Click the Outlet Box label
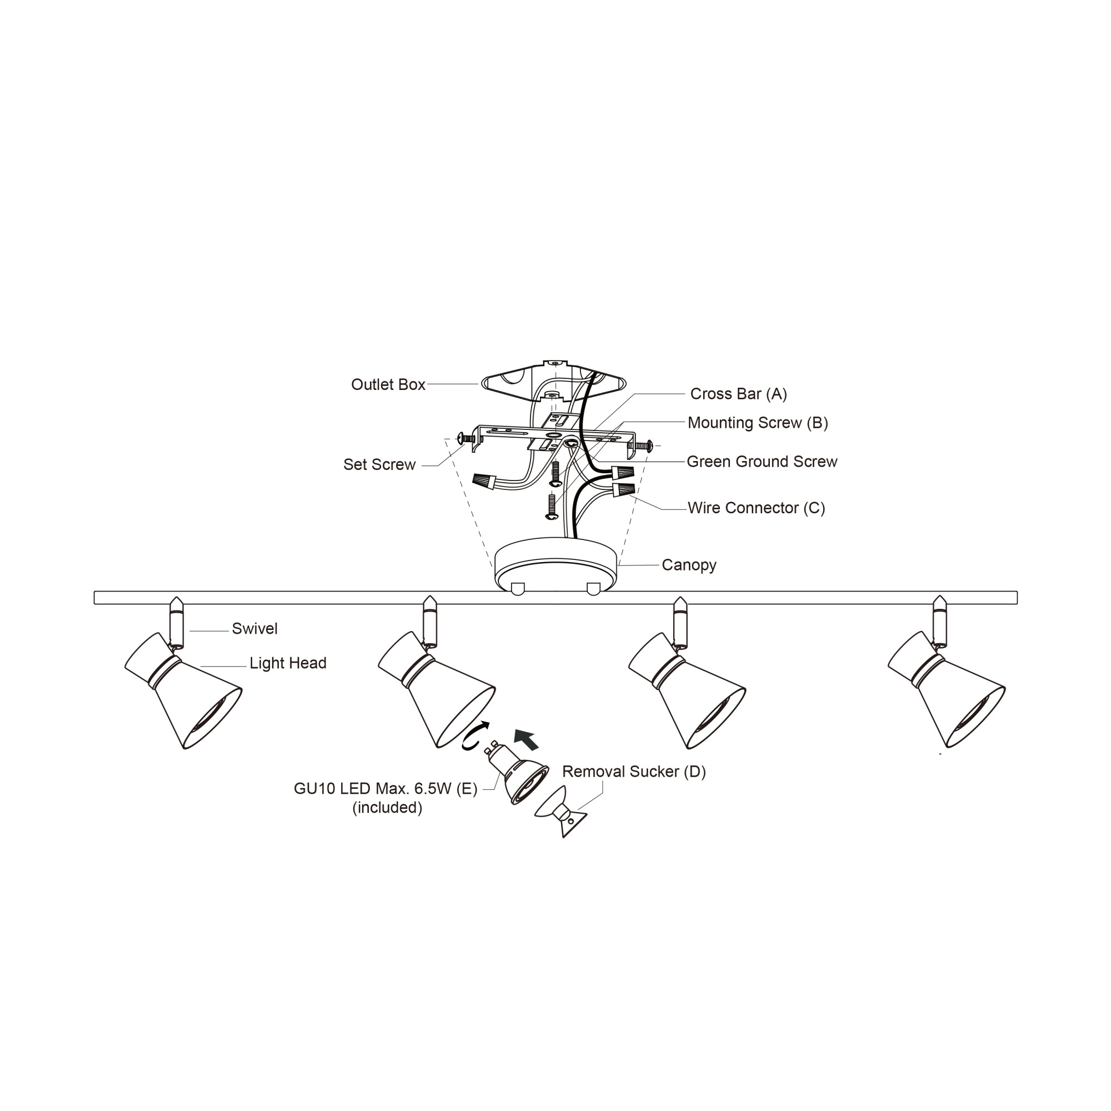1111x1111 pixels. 388,385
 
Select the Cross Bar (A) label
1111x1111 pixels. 738,394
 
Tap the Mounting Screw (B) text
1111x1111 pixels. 757,423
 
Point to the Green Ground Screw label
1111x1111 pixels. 762,462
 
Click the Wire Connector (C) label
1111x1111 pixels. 756,508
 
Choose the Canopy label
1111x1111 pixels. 689,565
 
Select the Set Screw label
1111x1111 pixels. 379,464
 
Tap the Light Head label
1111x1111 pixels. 288,664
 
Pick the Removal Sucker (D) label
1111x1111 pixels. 634,772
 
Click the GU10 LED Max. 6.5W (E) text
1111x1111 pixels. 386,789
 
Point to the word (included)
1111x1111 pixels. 387,808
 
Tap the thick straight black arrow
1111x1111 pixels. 527,739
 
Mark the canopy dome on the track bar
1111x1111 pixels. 555,567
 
